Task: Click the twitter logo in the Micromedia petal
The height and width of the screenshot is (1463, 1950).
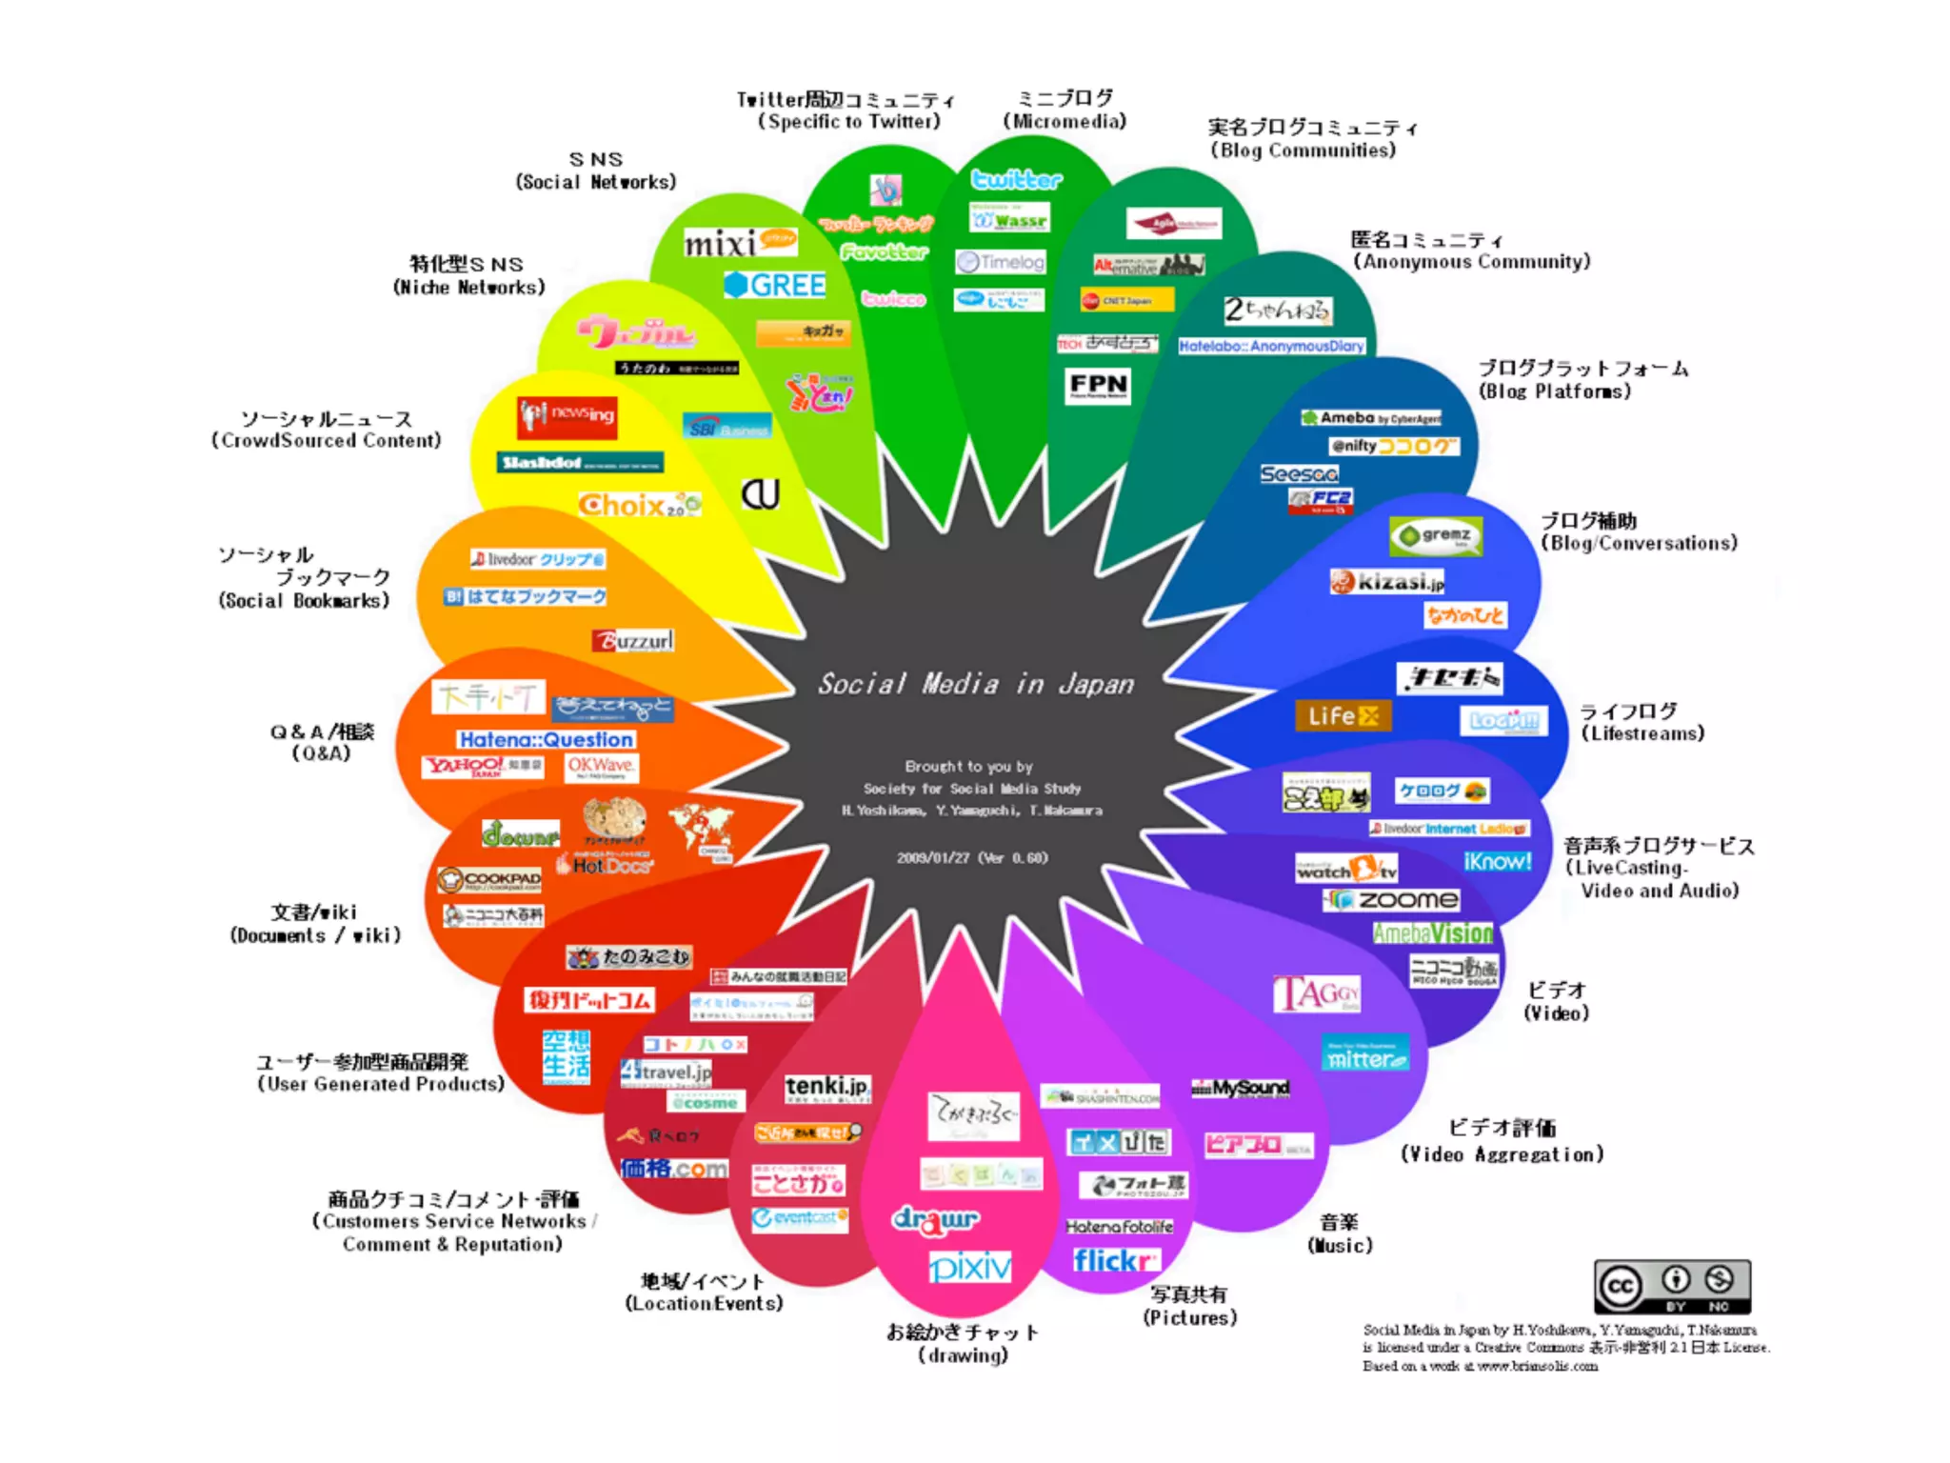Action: pos(1016,180)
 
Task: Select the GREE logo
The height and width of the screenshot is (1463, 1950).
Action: pos(775,285)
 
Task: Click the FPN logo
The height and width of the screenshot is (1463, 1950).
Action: pos(1098,386)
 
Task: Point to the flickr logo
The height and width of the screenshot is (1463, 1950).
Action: pos(1115,1261)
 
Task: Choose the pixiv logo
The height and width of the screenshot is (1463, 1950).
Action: pos(970,1268)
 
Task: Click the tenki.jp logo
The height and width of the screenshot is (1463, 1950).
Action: pos(827,1088)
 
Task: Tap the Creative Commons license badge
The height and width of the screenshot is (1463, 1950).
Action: pos(1672,1287)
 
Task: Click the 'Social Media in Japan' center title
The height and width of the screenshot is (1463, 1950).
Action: pos(976,684)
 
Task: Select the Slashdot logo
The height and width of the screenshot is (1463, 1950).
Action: pos(580,463)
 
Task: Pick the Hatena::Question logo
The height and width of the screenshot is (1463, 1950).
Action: pos(547,739)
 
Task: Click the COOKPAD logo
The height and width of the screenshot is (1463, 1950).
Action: pos(489,879)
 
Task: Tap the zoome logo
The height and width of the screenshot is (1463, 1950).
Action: pos(1393,900)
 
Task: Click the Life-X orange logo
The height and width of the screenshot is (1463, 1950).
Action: pos(1343,716)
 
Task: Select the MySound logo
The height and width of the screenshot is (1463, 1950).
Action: pos(1241,1089)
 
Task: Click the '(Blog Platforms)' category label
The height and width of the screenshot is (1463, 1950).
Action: pos(1554,391)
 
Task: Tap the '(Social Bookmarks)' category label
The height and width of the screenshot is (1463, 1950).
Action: pos(304,601)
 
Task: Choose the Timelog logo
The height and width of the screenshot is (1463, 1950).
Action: pos(1001,262)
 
